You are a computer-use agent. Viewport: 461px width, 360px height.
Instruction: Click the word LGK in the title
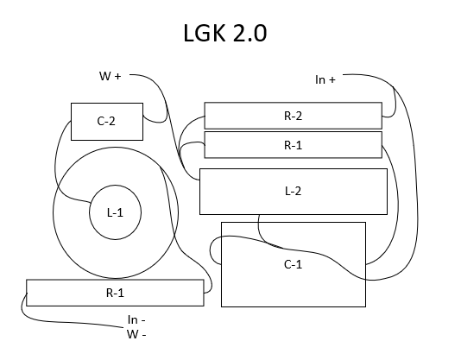point(205,33)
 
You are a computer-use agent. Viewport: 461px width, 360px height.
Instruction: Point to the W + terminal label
point(111,76)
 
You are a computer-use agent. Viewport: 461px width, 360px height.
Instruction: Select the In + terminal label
point(325,79)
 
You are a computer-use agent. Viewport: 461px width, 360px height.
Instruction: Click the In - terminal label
point(136,319)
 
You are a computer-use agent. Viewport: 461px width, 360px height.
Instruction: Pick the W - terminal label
point(136,334)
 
